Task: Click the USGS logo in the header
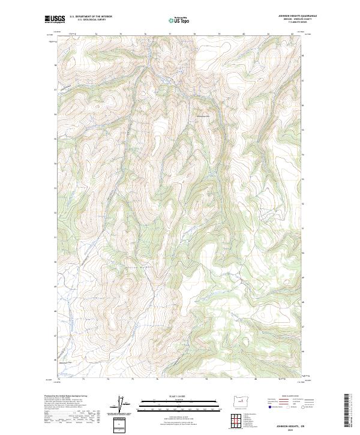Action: (x=54, y=19)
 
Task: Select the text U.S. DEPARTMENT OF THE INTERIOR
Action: (x=91, y=17)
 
